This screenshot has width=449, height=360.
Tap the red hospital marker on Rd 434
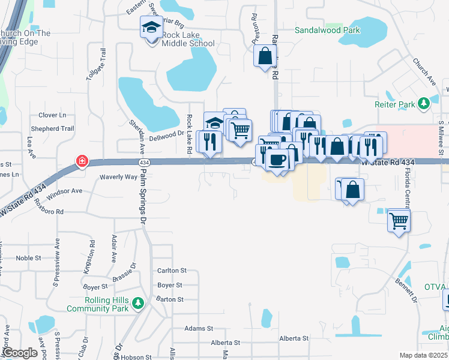pos(82,162)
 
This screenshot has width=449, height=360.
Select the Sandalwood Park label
pos(327,30)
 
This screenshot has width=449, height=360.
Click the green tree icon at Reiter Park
pos(424,104)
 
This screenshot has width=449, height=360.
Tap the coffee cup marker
pos(277,161)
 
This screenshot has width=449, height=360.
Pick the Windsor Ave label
pos(64,191)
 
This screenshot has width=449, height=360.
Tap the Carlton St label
pos(172,271)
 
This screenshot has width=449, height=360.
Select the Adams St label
pos(199,328)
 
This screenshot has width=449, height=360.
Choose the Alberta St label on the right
pos(294,338)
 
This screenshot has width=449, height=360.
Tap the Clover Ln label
pos(52,115)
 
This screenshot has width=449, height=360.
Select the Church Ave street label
pos(423,71)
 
